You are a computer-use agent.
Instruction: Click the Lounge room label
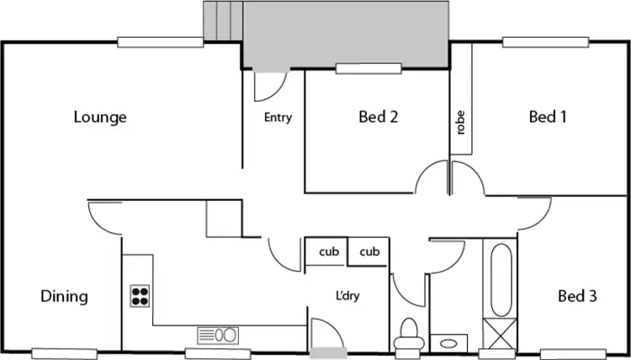pos(99,117)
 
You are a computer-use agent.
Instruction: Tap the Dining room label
pos(64,296)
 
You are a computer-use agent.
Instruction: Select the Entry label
pos(278,118)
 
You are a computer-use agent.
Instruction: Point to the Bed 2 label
pos(378,117)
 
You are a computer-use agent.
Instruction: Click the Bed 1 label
pos(547,117)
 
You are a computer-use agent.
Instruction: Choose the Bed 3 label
pos(577,296)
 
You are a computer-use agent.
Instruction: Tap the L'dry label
pos(348,296)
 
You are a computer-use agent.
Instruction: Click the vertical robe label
pos(460,124)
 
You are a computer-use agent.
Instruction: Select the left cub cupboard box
pos(327,251)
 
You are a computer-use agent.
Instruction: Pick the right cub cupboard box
pos(369,251)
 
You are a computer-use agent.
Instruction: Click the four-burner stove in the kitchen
pos(140,296)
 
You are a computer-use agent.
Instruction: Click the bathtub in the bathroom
pos(500,281)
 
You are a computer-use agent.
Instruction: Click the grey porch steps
pos(223,19)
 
